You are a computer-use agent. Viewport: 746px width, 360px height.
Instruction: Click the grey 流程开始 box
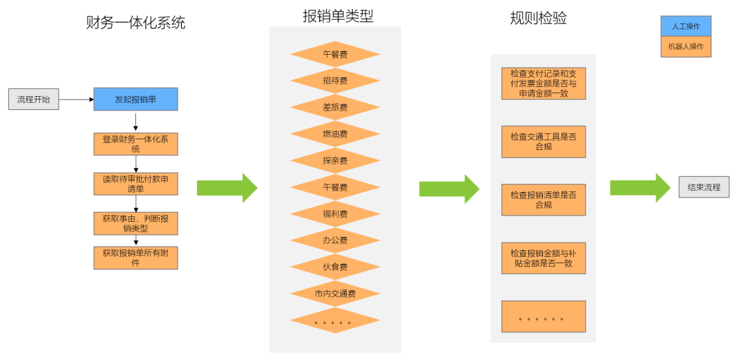[x=33, y=100]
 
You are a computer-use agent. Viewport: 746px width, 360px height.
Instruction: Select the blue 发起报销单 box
[x=135, y=100]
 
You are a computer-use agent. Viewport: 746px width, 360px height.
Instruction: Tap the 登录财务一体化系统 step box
[x=135, y=144]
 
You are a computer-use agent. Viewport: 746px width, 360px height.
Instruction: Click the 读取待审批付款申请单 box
[x=135, y=183]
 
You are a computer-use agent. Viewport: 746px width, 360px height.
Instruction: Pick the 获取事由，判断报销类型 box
[x=135, y=222]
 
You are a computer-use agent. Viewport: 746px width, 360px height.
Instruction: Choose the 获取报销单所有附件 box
[x=135, y=258]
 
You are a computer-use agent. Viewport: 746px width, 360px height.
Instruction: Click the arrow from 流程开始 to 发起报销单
[x=76, y=100]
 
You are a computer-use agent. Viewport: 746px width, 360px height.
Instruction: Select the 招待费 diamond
[x=335, y=81]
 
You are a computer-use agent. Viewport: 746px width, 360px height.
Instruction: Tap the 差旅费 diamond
[x=335, y=108]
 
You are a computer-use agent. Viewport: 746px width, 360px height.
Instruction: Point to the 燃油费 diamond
[x=335, y=134]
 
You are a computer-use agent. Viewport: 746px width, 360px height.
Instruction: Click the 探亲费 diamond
[x=335, y=160]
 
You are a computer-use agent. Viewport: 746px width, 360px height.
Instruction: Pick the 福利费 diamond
[x=335, y=214]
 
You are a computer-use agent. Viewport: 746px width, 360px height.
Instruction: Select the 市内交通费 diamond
[x=335, y=294]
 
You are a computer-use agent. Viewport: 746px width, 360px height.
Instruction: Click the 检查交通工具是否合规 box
[x=544, y=142]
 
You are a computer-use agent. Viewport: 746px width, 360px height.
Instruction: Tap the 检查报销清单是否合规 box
[x=544, y=200]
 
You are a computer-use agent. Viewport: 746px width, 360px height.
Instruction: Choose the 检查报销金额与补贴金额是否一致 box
[x=544, y=258]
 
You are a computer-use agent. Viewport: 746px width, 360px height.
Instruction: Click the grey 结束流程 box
[x=704, y=187]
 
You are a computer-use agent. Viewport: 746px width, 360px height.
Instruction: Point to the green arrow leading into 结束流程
[x=640, y=187]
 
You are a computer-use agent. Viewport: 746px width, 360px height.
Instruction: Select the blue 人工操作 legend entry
[x=685, y=26]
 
